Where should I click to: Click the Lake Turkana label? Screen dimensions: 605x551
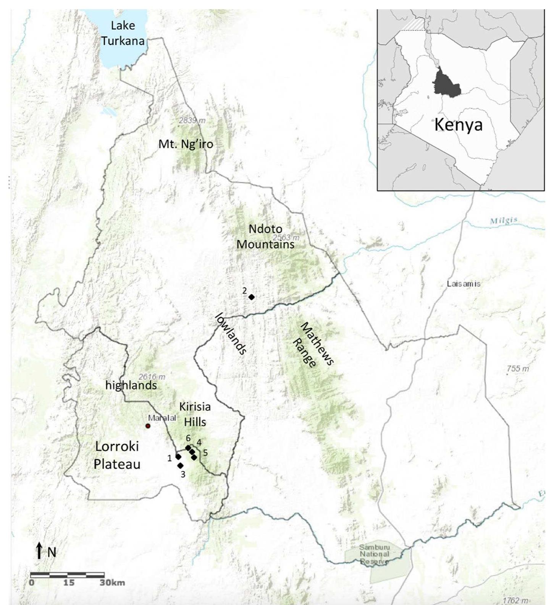coord(123,33)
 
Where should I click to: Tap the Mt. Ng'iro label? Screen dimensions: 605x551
coord(186,144)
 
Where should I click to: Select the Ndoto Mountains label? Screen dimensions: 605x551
coord(265,236)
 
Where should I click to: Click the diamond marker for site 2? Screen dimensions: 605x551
coord(251,297)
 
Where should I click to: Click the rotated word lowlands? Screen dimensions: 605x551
coord(230,334)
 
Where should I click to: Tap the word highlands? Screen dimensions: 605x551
coord(131,385)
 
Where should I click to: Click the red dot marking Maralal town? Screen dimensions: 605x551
coord(148,426)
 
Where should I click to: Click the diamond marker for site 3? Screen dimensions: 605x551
coord(181,466)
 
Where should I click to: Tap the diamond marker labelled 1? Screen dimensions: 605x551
coord(178,457)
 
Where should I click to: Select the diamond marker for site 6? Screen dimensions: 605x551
coord(188,448)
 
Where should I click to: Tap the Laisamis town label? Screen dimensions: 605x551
coord(463,284)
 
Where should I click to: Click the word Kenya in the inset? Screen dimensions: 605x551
coord(458,125)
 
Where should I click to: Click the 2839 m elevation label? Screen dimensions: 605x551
coord(192,120)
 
